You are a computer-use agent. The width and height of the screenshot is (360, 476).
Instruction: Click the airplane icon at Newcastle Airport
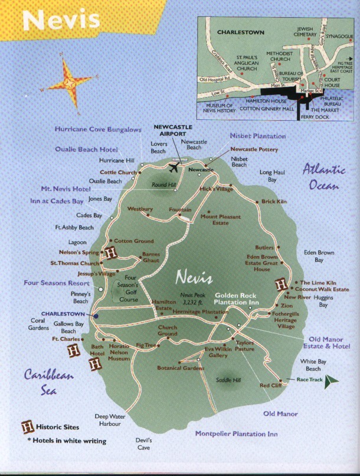[174, 168]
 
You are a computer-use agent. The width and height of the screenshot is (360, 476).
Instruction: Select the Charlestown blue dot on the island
[96, 316]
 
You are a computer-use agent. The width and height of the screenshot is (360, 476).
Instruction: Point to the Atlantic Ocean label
[323, 177]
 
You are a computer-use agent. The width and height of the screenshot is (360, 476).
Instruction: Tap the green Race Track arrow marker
[332, 380]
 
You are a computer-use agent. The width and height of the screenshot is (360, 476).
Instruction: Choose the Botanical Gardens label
[181, 367]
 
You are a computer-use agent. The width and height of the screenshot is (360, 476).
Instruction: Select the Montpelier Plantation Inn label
[236, 434]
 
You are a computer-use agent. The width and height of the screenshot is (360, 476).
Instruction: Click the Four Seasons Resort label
[57, 283]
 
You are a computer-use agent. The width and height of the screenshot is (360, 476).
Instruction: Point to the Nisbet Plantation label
[257, 136]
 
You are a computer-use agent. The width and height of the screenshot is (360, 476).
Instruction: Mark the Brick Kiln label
[274, 202]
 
